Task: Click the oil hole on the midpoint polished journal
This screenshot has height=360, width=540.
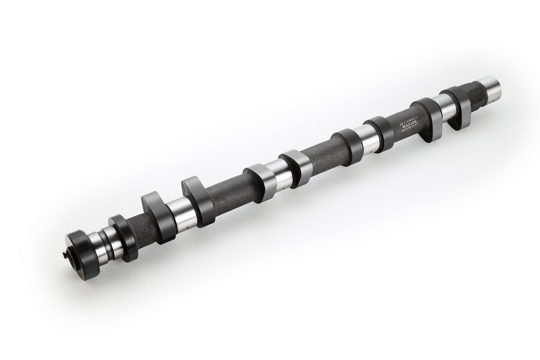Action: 282,189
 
